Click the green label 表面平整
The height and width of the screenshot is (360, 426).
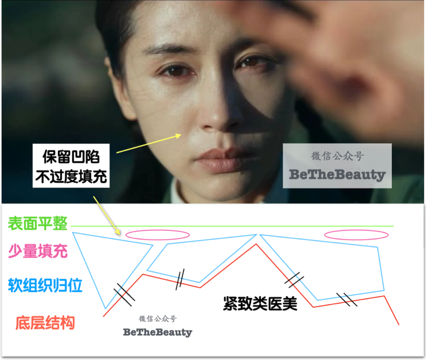coord(37,224)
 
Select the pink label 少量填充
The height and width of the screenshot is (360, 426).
coord(38,251)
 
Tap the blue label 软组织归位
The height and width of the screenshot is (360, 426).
coord(45,285)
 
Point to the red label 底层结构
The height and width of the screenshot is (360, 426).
coord(45,323)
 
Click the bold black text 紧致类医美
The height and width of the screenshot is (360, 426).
coord(260,304)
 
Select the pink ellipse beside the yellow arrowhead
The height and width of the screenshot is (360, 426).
coord(157,235)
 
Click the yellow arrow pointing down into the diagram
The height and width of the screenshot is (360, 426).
coord(106,215)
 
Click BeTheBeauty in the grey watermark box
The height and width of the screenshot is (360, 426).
coord(337,175)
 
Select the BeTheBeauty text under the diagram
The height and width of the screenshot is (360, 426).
coord(157,332)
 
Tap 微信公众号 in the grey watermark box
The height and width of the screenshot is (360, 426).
coord(337,157)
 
